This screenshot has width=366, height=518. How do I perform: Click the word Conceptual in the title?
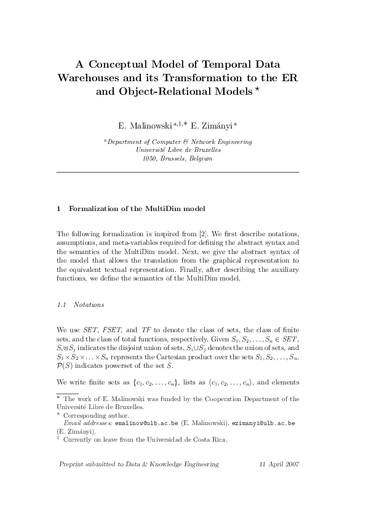click(x=117, y=63)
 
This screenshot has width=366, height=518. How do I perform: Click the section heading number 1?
click(x=58, y=209)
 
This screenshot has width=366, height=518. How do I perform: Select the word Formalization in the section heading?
click(x=93, y=209)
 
